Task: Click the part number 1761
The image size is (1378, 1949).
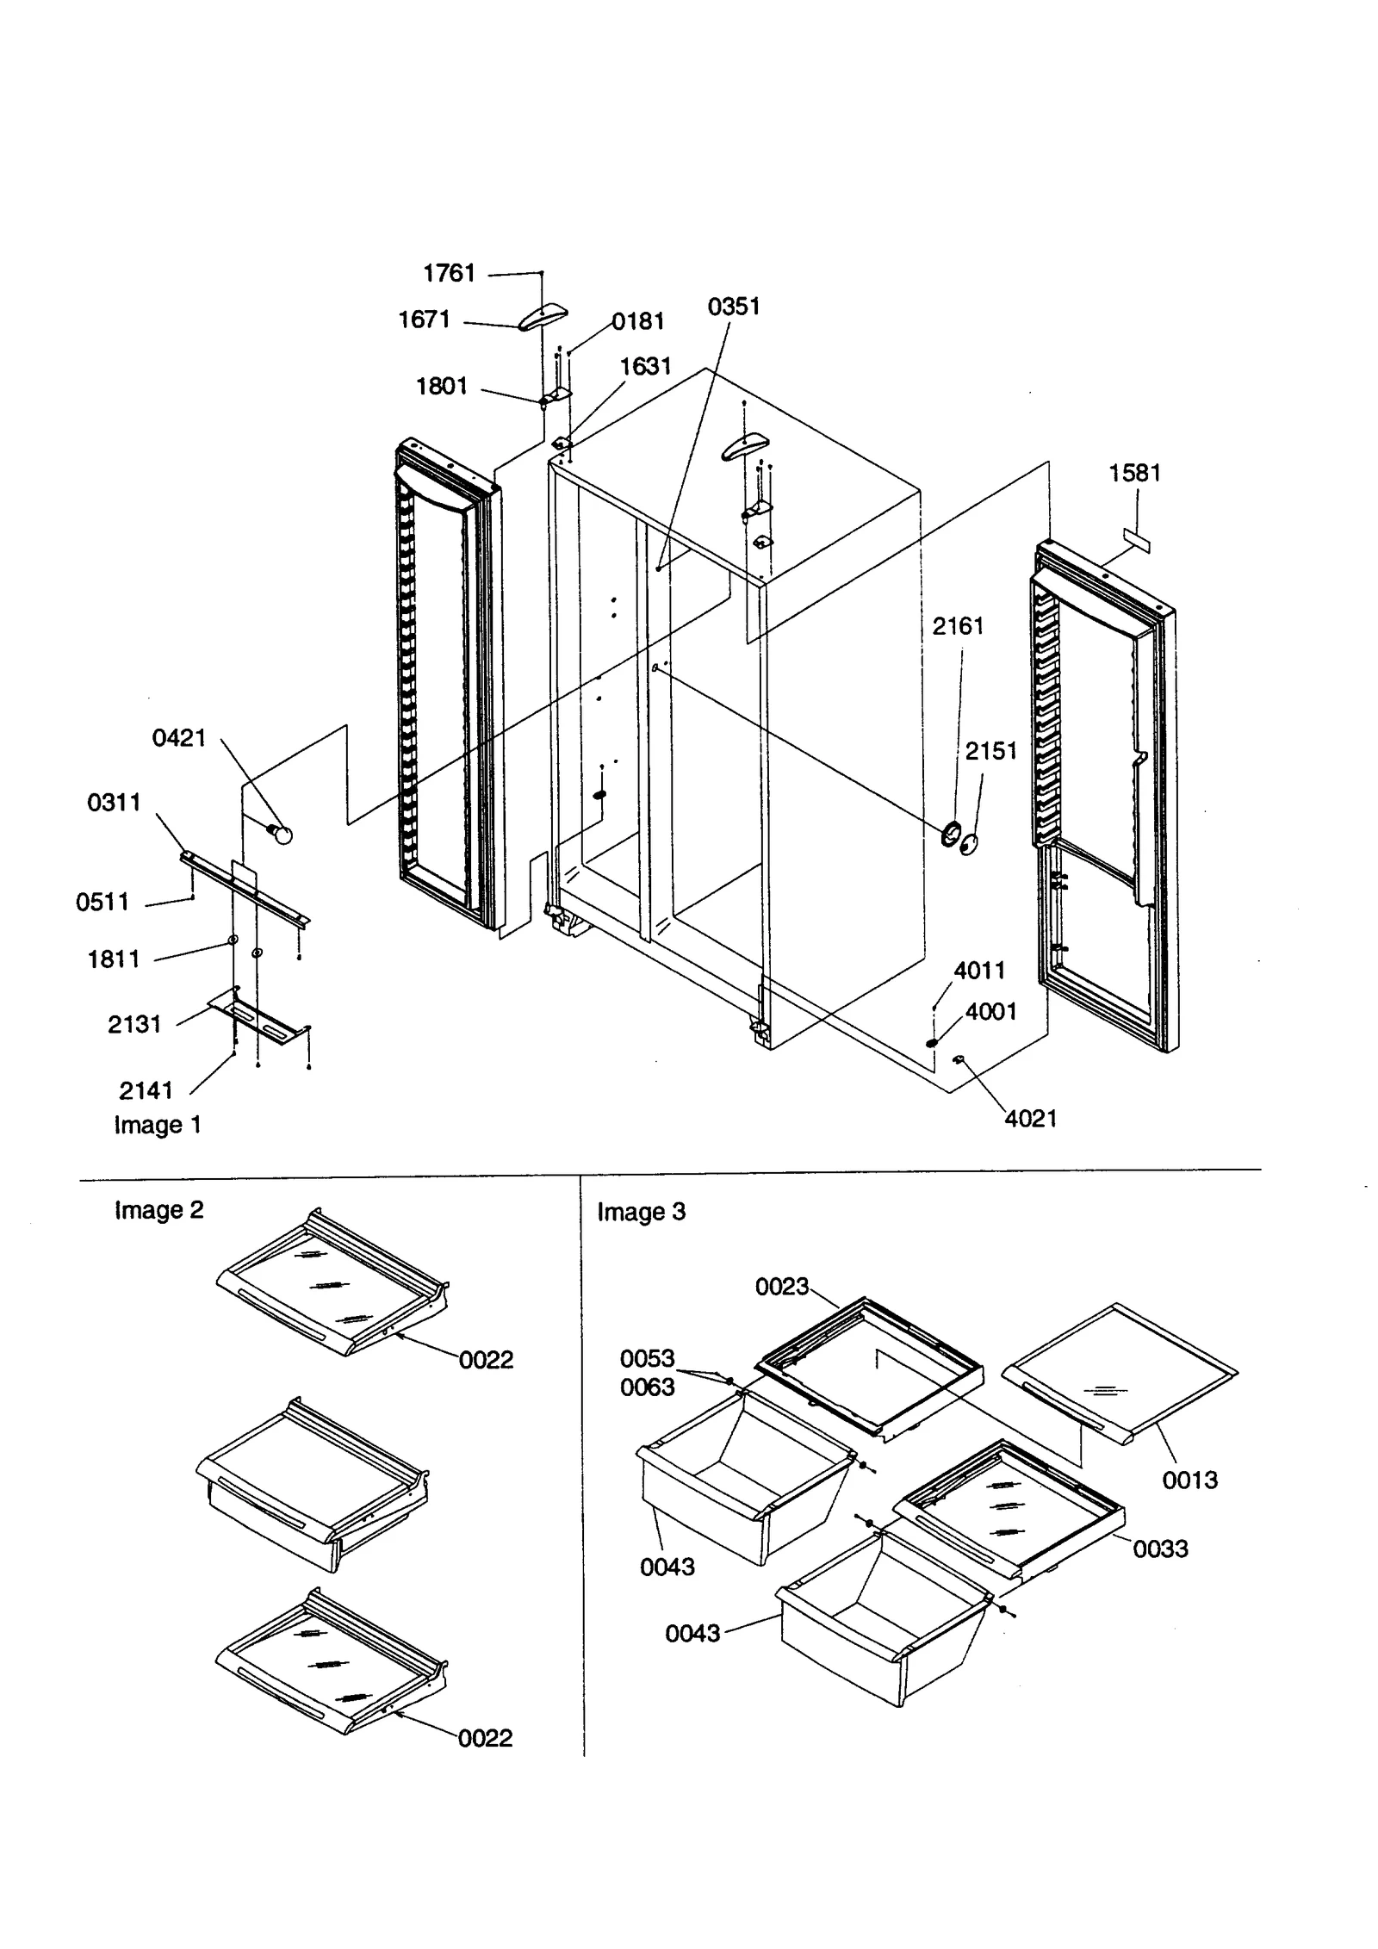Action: point(449,274)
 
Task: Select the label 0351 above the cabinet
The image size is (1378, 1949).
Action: point(734,307)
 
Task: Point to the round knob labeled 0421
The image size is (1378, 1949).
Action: point(281,833)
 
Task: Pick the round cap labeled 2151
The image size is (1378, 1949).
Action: point(971,845)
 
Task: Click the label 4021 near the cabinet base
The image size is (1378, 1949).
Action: point(1030,1119)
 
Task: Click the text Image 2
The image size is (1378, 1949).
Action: point(159,1210)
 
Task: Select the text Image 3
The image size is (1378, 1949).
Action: point(642,1212)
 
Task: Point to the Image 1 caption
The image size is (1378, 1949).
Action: point(158,1126)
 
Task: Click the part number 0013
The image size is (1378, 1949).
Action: point(1189,1480)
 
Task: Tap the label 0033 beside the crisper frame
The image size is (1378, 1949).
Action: point(1160,1549)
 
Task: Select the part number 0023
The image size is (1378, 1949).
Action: point(782,1287)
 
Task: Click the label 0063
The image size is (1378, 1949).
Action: point(648,1387)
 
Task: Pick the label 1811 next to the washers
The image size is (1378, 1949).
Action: point(114,959)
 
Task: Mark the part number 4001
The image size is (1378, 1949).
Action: point(990,1012)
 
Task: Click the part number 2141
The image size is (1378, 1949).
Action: point(146,1091)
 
